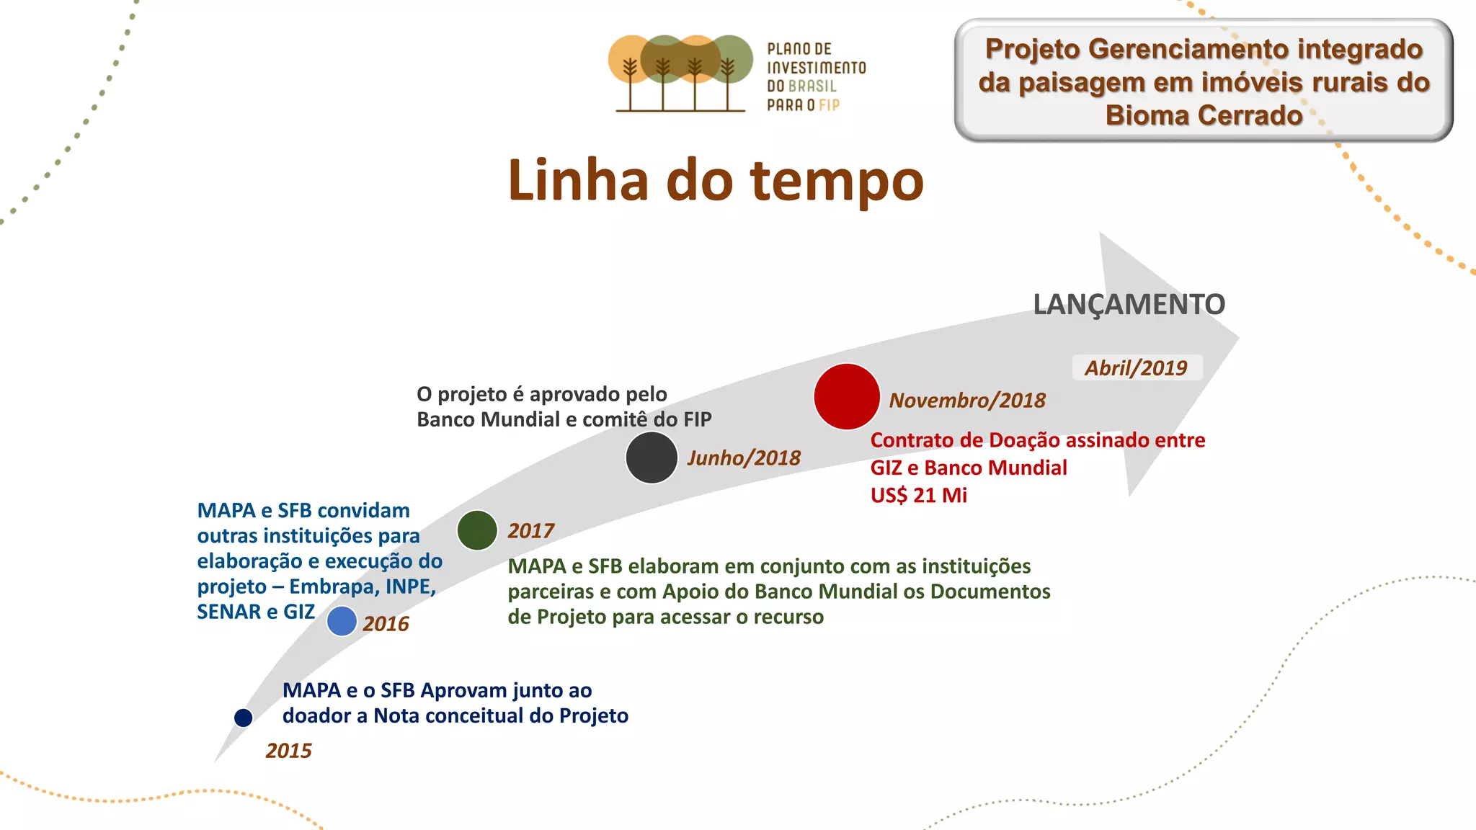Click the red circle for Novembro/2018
[x=847, y=397]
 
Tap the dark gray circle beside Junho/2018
[x=652, y=458]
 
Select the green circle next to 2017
[x=477, y=530]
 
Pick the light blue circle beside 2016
[x=342, y=621]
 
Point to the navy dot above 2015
[x=244, y=718]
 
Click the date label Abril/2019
[x=1136, y=368]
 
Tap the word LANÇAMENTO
[x=1129, y=305]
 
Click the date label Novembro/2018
[x=967, y=401]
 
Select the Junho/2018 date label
[x=744, y=458]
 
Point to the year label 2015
[x=288, y=751]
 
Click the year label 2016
[x=386, y=624]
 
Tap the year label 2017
[x=530, y=531]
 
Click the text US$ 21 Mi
[x=918, y=496]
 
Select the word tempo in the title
[x=837, y=182]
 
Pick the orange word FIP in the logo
[x=830, y=105]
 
